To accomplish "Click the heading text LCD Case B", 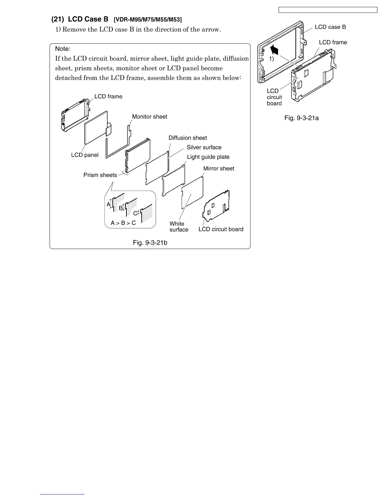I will point(88,19).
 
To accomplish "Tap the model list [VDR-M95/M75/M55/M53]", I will point(147,20).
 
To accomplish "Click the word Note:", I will point(63,49).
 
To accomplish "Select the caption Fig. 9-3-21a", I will point(301,118).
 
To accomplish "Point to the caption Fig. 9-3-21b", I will point(150,243).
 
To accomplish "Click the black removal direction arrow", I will point(274,50).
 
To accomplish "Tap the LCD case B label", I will point(330,27).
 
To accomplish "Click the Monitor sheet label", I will point(150,117).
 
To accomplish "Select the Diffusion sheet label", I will point(188,138).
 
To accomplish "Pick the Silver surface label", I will point(204,147).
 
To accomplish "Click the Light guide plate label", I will point(208,157).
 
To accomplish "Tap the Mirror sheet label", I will point(219,168).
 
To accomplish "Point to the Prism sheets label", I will point(100,175).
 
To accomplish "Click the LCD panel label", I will point(85,155).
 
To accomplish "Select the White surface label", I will point(179,227).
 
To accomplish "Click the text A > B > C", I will point(123,223).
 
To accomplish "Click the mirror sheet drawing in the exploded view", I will point(193,192).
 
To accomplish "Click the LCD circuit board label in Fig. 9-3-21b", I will point(221,229).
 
